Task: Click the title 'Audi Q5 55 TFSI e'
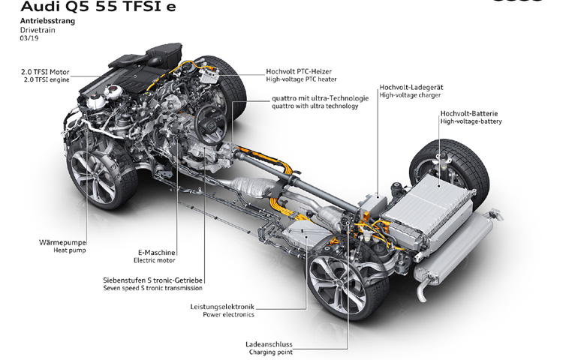pos(98,6)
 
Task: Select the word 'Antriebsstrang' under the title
pos(47,21)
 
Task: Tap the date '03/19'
pos(29,38)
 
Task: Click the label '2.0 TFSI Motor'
pos(45,72)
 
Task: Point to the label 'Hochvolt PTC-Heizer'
pos(299,71)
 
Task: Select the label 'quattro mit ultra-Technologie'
pos(321,98)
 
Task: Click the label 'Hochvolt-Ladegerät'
pos(411,87)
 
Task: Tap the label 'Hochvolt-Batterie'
pos(469,113)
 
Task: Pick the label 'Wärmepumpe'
pos(62,242)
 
